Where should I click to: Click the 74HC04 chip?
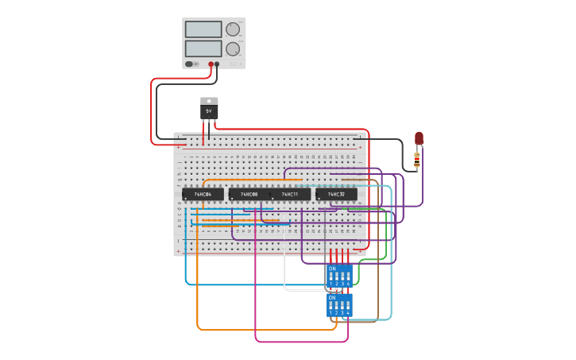coord(203,194)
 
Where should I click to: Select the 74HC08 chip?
coord(249,194)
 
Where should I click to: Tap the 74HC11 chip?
coord(290,194)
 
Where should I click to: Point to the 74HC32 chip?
coord(336,194)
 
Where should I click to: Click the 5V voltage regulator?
coord(209,110)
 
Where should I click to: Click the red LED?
coord(419,138)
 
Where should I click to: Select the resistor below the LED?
coord(417,161)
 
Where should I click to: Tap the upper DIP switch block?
coord(339,276)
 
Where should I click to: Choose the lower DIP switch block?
coord(339,305)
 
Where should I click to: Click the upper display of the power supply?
coord(203,29)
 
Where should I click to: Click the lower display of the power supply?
coord(203,48)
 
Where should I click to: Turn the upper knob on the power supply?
coord(232,29)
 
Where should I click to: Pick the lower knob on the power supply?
coord(232,48)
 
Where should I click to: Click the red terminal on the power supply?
coord(211,64)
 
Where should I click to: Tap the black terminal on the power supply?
coord(217,64)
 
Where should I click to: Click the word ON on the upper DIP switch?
coord(332,269)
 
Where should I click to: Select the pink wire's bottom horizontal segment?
coord(302,342)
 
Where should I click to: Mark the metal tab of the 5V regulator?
coord(209,101)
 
